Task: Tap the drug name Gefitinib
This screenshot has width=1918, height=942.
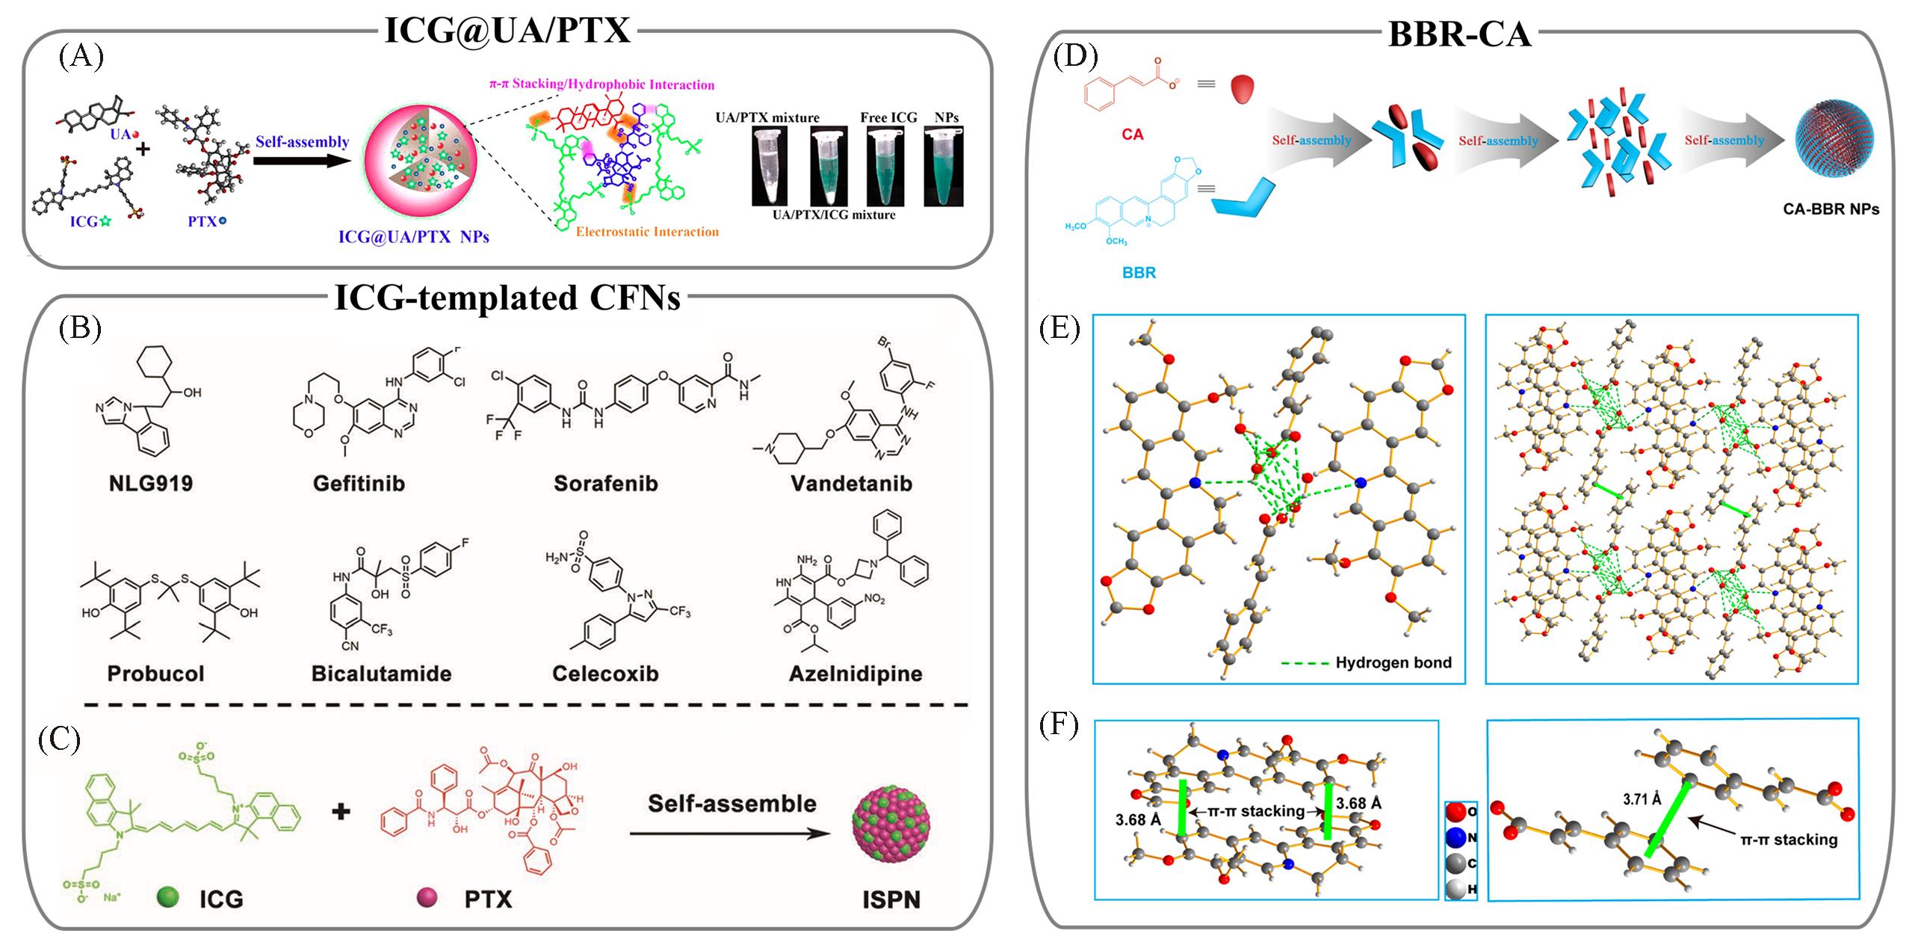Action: tap(359, 484)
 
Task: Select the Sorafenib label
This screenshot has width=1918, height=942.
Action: tap(605, 484)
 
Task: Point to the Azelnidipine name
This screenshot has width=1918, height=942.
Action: tap(856, 674)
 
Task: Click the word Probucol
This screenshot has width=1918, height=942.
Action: tap(155, 674)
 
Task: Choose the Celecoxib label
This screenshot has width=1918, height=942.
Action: tap(605, 674)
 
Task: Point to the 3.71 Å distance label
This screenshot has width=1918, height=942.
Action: tap(1642, 799)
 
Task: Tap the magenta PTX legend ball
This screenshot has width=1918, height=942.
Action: tap(427, 897)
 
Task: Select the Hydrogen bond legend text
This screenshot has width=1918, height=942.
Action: tap(1393, 662)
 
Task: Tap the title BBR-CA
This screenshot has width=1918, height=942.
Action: tap(1459, 35)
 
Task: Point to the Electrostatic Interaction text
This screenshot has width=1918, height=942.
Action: tap(647, 232)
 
